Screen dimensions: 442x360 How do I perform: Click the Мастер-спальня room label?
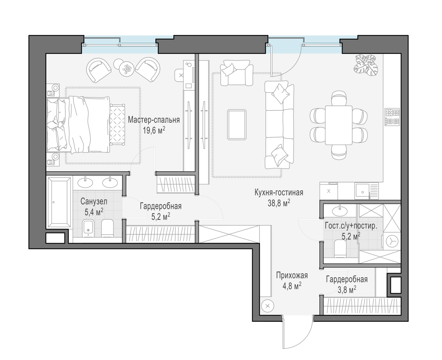click(x=154, y=120)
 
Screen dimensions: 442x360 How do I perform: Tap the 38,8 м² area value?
click(x=279, y=203)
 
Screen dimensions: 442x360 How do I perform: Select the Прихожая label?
click(x=292, y=275)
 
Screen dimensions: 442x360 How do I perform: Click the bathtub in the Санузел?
click(x=59, y=202)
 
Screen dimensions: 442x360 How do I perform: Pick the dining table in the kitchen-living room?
click(x=339, y=125)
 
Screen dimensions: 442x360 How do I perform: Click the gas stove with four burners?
click(x=392, y=117)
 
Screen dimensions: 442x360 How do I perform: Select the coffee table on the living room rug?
click(x=237, y=124)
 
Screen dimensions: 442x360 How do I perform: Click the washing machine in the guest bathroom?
click(x=392, y=242)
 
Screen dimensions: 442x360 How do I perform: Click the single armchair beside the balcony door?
click(x=237, y=73)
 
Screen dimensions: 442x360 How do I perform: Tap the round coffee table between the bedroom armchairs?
click(x=126, y=69)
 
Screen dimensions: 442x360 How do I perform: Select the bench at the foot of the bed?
click(x=118, y=124)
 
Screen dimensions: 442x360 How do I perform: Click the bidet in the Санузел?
click(x=88, y=228)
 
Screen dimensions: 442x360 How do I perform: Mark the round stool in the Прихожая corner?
click(x=268, y=306)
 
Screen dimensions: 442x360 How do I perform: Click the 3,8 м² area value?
click(x=347, y=289)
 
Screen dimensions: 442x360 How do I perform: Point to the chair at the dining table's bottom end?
click(x=339, y=152)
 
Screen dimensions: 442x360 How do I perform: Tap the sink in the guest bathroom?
click(x=340, y=211)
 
